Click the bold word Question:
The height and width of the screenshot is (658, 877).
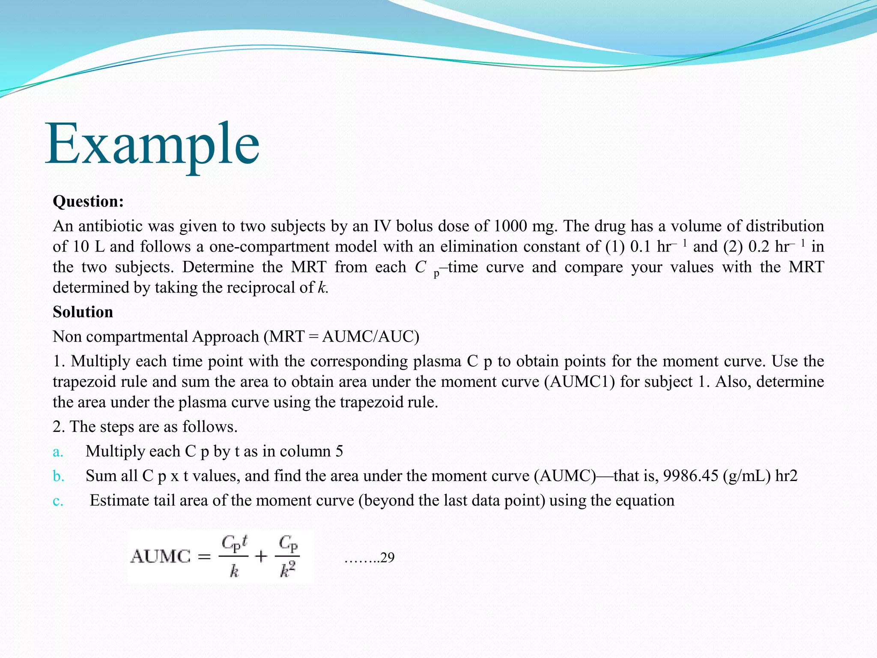[88, 201]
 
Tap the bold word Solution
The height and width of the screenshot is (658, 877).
[83, 312]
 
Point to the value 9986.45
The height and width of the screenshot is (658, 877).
[690, 476]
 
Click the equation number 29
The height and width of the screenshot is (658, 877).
[387, 557]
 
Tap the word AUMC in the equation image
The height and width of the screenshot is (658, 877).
[161, 556]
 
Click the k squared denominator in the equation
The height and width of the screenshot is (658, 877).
[288, 570]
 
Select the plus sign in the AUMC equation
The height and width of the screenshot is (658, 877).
[261, 556]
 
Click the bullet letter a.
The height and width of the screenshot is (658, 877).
[58, 452]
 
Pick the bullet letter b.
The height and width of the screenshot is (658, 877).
[58, 476]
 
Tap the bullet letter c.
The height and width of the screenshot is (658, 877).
[58, 501]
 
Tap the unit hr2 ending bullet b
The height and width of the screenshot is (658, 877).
[786, 476]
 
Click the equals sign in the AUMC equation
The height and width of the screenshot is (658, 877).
[204, 556]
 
